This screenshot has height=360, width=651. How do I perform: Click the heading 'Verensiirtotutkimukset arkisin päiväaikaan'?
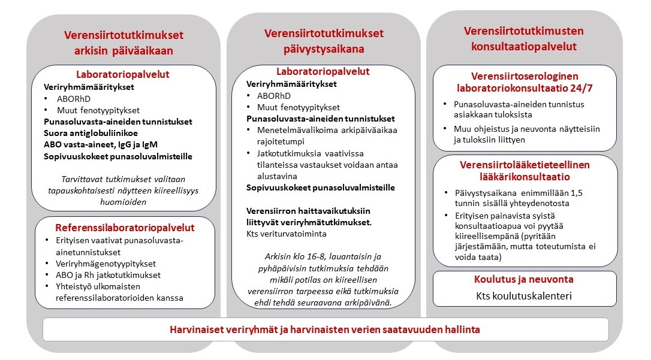(x=123, y=43)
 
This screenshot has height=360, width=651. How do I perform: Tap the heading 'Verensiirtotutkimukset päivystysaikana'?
(x=324, y=41)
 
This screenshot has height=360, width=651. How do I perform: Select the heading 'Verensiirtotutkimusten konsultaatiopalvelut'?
(x=524, y=38)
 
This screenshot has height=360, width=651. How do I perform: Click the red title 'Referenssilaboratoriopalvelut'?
(x=125, y=228)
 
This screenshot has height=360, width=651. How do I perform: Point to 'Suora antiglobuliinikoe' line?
(x=90, y=132)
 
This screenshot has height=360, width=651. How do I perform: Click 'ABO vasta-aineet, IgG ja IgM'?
(x=101, y=144)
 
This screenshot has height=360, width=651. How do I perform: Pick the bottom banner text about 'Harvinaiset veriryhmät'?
(x=325, y=329)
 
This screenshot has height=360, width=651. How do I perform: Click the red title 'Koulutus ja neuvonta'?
(x=525, y=279)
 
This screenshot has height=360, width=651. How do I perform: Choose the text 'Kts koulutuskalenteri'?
(x=524, y=296)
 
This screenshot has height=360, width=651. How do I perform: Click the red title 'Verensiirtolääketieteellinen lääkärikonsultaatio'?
(x=525, y=171)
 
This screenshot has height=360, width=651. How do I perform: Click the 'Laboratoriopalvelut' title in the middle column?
(x=323, y=71)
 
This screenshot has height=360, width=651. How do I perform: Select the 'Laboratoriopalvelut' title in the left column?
(x=122, y=74)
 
